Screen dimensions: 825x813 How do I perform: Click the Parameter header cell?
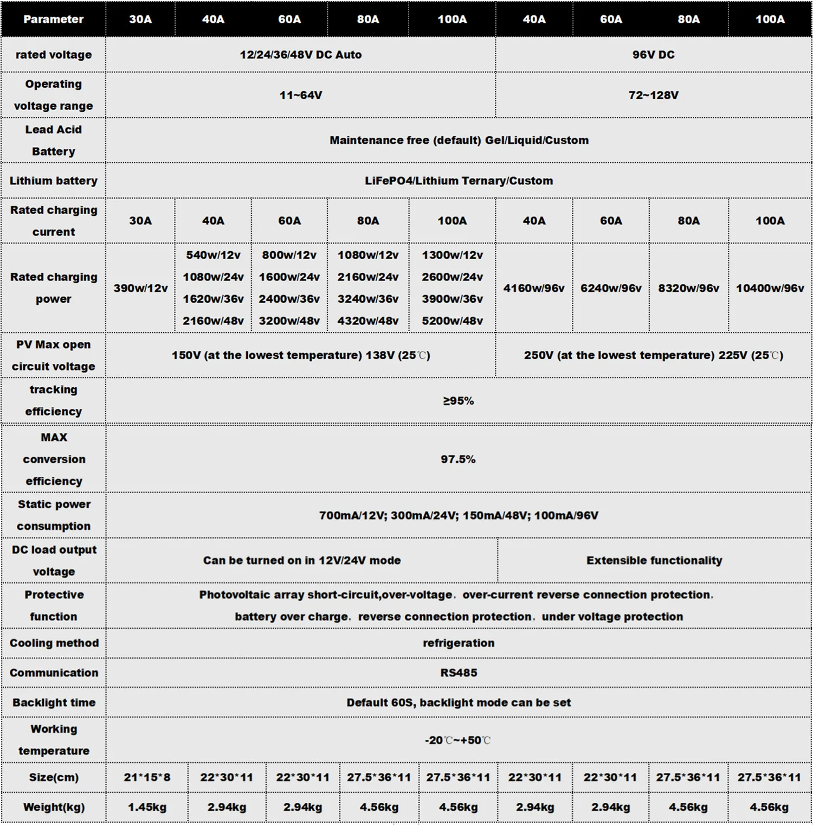[x=53, y=20]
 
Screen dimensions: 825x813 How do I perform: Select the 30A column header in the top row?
[x=140, y=20]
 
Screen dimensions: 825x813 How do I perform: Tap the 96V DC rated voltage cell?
[x=653, y=55]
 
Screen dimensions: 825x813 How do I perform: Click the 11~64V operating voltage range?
[x=301, y=95]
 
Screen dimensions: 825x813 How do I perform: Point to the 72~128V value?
[x=653, y=95]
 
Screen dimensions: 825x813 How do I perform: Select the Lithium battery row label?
[x=53, y=181]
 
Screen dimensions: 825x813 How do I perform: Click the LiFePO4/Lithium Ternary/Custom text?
[x=459, y=181]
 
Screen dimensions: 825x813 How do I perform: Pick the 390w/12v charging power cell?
[x=140, y=288]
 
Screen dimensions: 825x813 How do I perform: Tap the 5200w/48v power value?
[x=452, y=321]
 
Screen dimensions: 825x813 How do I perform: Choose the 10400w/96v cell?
[x=770, y=288]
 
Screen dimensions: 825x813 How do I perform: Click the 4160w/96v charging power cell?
[x=534, y=288]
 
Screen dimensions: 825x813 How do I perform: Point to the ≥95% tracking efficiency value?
[x=459, y=401]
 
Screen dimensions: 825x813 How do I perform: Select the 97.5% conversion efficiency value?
[x=458, y=459]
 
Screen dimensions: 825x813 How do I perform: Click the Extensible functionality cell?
[x=654, y=560]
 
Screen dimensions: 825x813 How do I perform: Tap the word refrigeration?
[x=459, y=643]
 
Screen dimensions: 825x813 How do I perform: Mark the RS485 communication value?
[x=459, y=673]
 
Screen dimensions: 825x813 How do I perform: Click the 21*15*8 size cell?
[x=147, y=777]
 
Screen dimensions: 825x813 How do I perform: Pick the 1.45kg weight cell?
[x=147, y=807]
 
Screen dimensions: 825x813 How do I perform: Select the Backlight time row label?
[x=54, y=702]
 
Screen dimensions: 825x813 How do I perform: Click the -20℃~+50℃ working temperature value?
[x=458, y=740]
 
